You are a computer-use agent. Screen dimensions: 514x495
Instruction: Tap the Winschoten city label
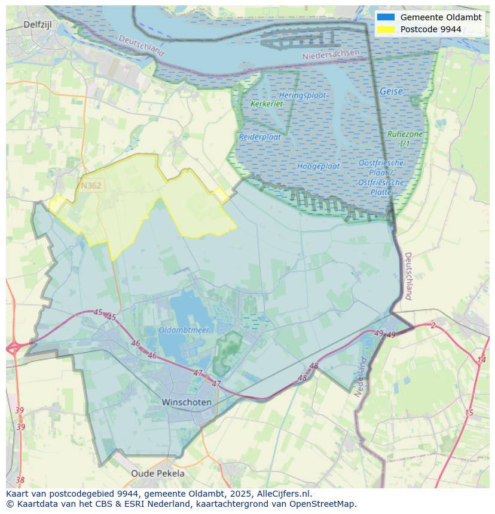(187, 402)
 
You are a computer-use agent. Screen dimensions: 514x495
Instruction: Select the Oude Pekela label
(158, 473)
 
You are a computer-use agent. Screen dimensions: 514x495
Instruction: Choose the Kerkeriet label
(267, 104)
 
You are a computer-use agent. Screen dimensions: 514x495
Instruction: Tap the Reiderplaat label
(260, 137)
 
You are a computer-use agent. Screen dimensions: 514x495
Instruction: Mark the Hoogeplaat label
(319, 166)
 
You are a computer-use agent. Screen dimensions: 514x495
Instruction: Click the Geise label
(391, 92)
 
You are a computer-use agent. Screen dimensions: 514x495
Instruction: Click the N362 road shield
(91, 186)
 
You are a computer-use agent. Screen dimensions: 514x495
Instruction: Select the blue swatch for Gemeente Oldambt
(386, 17)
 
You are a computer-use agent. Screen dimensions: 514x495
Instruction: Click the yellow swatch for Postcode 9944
(386, 29)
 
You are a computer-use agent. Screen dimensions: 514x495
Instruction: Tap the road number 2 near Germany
(433, 325)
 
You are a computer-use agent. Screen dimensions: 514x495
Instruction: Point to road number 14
(481, 359)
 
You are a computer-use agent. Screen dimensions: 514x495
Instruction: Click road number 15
(469, 413)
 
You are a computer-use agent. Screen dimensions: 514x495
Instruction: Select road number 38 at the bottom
(20, 479)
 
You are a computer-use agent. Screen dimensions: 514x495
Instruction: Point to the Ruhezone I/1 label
(405, 139)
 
